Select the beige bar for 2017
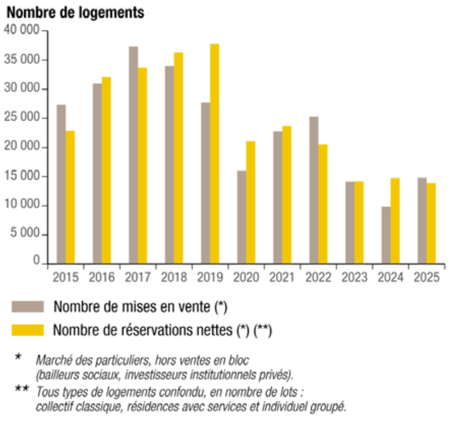(133, 155)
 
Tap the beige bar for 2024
(386, 235)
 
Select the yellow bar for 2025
(431, 223)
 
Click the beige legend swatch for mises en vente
(28, 307)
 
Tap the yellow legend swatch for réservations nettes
(28, 330)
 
